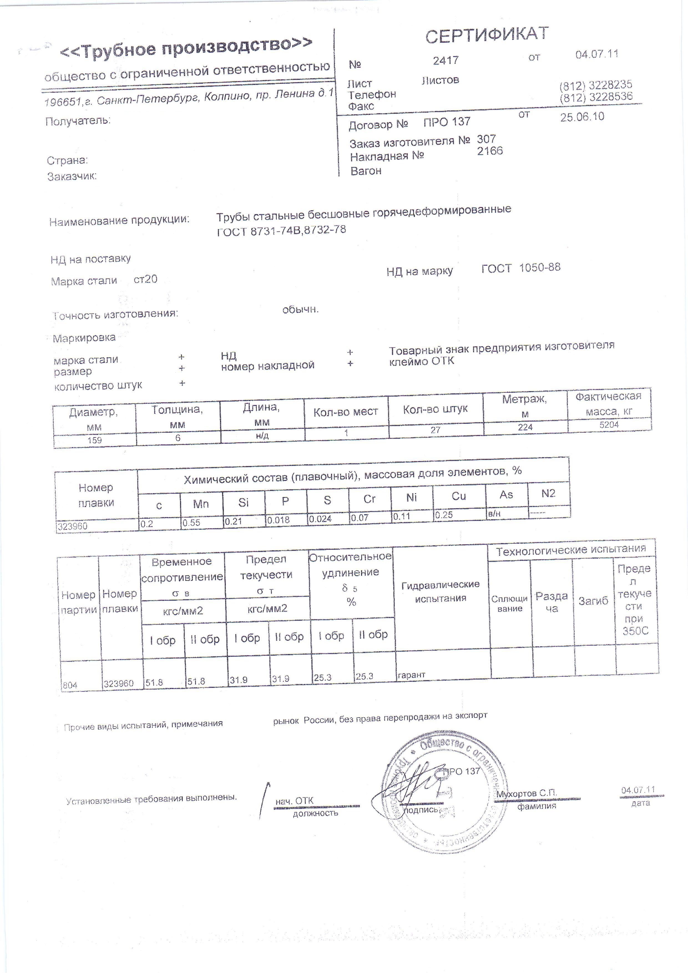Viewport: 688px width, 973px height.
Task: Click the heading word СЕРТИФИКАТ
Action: (x=487, y=36)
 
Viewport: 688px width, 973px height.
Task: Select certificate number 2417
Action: (x=446, y=60)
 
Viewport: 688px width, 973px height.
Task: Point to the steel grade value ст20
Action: (x=145, y=279)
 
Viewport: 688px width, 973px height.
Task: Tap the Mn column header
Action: (x=201, y=504)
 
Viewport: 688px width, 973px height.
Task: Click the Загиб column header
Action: (x=593, y=600)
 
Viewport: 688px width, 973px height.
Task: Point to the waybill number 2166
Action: (x=490, y=151)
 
